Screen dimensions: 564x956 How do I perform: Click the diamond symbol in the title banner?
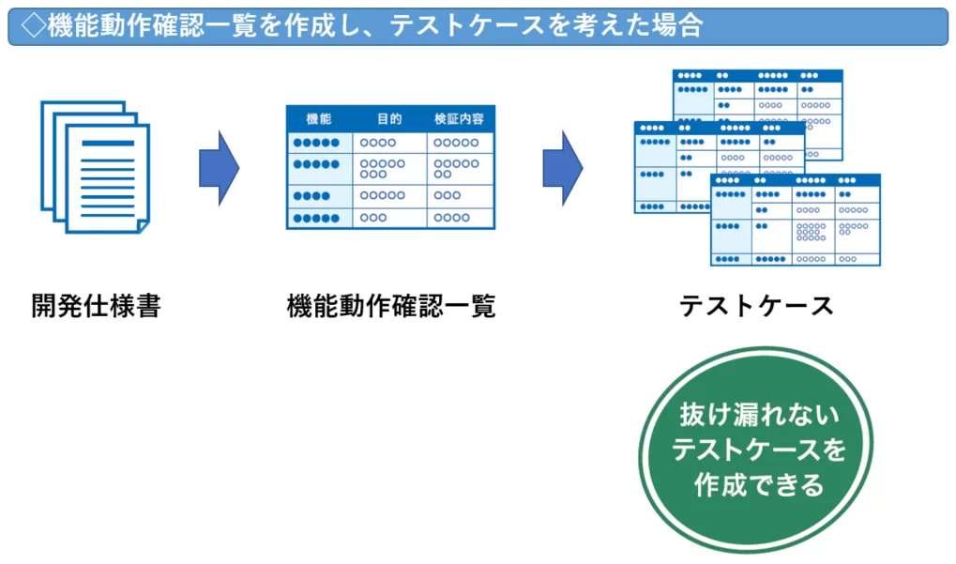point(32,26)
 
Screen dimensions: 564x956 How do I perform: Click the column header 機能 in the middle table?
point(319,119)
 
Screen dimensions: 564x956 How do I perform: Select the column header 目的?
point(389,119)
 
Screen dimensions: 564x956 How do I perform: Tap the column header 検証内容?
point(459,119)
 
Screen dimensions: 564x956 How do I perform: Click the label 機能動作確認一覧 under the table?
point(390,306)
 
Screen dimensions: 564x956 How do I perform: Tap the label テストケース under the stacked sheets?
point(756,306)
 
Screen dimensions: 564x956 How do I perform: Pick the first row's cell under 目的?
point(389,143)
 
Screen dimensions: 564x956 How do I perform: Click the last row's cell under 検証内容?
point(459,218)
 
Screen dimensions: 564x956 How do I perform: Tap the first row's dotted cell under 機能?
point(319,143)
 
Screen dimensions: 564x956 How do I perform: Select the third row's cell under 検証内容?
point(459,195)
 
